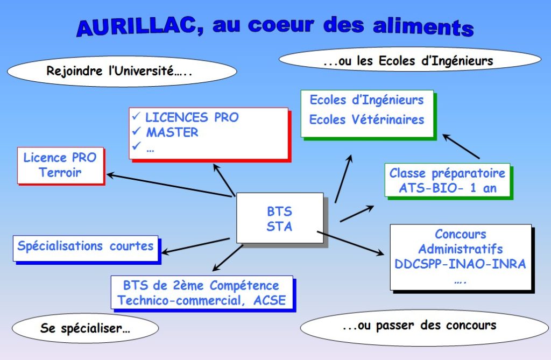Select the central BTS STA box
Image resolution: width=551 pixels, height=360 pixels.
(280, 218)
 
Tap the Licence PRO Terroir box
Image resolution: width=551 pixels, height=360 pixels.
(60, 165)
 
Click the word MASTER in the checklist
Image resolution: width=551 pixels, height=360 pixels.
(172, 132)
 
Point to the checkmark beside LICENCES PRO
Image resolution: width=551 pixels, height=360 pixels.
(136, 116)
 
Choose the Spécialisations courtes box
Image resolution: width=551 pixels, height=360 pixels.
(86, 248)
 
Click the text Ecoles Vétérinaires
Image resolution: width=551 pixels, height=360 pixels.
(366, 119)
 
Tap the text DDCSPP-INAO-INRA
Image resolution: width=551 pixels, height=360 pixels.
(460, 264)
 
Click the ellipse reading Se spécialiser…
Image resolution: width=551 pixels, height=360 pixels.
(86, 328)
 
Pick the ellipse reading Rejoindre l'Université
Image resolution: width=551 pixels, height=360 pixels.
(122, 71)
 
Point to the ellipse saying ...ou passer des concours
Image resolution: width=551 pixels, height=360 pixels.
(424, 327)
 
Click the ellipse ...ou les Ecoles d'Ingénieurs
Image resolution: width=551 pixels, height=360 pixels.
(410, 60)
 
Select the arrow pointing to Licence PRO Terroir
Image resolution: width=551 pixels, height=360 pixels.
(171, 185)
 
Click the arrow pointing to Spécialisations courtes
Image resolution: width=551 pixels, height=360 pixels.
(195, 245)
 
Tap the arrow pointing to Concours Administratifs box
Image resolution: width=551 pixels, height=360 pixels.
(350, 243)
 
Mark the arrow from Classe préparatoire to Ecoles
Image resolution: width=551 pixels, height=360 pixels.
(461, 146)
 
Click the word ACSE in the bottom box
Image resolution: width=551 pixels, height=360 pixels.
(270, 301)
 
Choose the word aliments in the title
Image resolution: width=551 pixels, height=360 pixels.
(423, 27)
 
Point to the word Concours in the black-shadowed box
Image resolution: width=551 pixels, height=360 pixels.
(461, 234)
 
